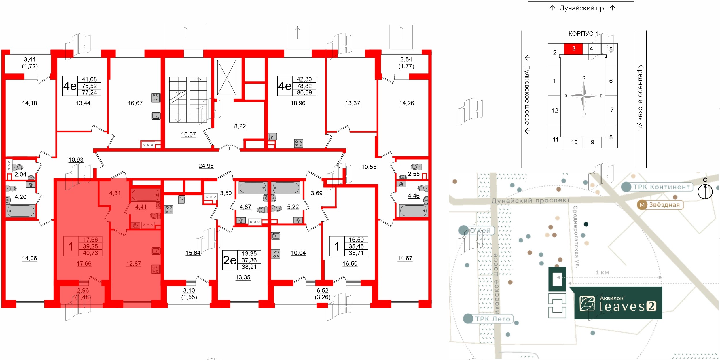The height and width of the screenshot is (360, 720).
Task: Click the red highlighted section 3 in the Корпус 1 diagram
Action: (573, 49)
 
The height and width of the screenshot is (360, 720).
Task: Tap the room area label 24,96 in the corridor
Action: (206, 166)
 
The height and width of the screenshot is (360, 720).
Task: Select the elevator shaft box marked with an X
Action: (227, 77)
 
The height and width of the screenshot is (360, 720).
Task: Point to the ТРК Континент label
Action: (661, 187)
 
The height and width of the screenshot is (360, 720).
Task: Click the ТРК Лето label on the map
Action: (492, 319)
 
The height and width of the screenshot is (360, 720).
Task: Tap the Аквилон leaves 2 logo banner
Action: (618, 303)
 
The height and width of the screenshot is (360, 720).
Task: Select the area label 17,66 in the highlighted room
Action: (84, 264)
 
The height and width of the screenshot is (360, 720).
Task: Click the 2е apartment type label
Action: (230, 260)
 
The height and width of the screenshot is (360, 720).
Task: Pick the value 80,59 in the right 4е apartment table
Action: (304, 93)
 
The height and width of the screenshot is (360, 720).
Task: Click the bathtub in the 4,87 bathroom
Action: (252, 188)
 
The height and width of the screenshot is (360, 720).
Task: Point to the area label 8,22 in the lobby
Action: (240, 126)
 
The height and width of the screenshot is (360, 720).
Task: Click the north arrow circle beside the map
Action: (705, 192)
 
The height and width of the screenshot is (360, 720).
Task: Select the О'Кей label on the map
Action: (480, 230)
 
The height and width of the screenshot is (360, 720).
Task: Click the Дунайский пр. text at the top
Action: (582, 8)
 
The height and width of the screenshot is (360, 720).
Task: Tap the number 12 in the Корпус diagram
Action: (555, 111)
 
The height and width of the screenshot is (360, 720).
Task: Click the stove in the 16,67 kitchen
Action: (156, 98)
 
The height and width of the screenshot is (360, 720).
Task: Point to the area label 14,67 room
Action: (405, 258)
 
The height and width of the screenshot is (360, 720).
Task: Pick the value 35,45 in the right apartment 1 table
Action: (356, 246)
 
